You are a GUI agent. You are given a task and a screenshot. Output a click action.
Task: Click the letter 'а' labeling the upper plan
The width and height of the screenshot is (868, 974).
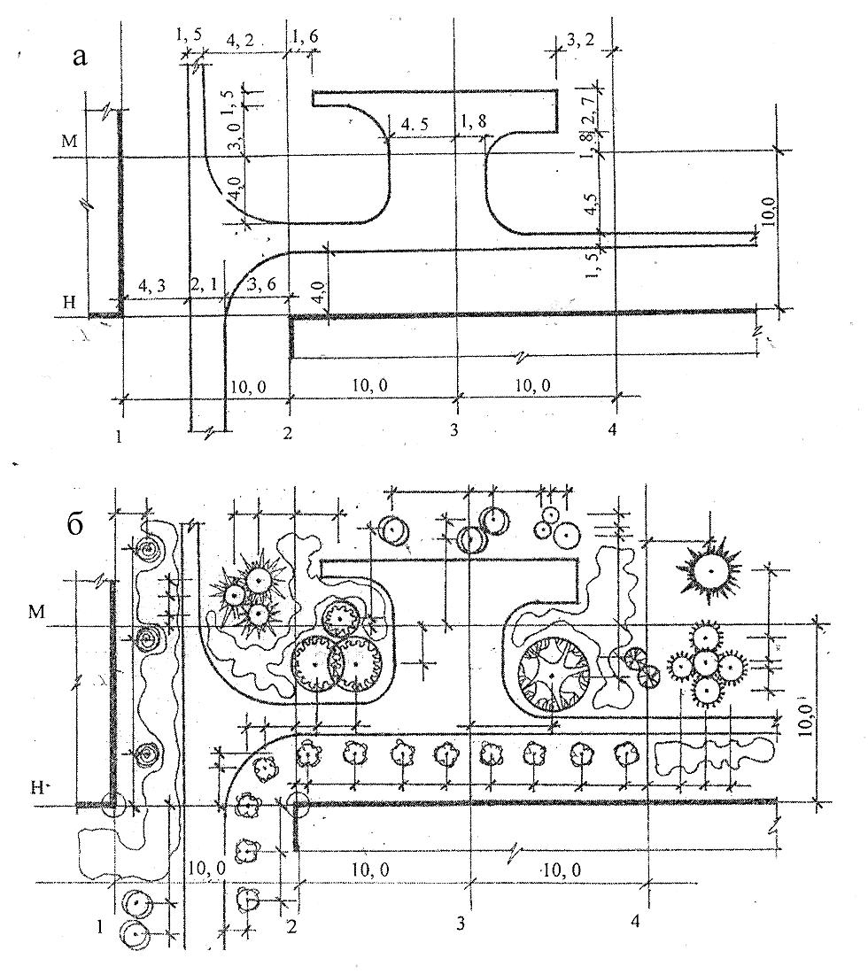80,58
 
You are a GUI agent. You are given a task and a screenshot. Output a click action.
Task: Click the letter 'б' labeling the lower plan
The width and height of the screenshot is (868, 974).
74,525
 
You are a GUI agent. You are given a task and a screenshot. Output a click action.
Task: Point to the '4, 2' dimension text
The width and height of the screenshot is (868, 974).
240,41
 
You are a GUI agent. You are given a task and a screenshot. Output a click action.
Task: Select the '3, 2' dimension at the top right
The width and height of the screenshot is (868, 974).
580,41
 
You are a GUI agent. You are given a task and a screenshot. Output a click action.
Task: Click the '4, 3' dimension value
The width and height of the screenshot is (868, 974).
152,286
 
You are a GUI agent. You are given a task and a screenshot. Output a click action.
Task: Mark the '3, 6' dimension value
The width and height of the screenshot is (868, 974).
261,285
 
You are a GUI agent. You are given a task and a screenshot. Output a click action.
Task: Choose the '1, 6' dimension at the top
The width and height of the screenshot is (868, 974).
305,36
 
